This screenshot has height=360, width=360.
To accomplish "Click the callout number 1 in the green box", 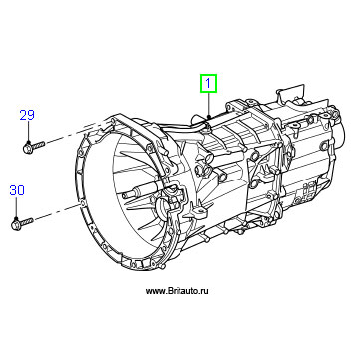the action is click(208, 83).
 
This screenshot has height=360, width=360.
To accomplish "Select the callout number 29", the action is click(27, 115).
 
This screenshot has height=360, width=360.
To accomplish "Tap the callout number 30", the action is click(17, 190).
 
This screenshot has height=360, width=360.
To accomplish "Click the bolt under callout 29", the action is click(34, 146).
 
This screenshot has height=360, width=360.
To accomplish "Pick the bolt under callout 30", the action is click(22, 222).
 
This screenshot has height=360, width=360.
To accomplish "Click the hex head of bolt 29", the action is click(27, 148).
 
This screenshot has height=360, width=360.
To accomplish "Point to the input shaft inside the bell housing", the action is click(137, 193).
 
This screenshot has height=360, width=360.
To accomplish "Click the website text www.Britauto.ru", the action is click(178, 291).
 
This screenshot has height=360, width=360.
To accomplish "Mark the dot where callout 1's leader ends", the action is click(208, 116).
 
